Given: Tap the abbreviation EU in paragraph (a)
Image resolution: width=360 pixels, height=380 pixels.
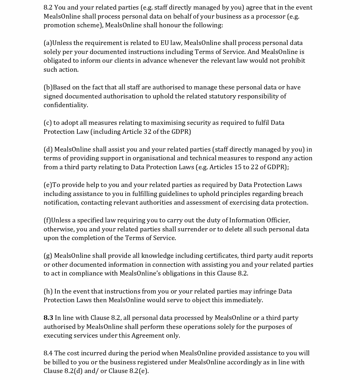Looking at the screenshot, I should tap(164, 43).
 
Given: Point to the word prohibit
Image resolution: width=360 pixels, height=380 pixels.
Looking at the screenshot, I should tap(293, 61).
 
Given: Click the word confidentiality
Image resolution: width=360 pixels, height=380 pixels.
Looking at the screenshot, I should tap(66, 105).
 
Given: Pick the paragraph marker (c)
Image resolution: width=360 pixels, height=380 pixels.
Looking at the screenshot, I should tap(48, 123).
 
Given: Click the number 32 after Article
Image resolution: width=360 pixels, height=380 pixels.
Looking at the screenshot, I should tap(147, 132).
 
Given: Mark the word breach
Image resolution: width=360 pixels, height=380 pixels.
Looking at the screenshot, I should tap(293, 194).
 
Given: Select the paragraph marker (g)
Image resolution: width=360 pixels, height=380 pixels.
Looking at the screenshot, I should tap(48, 256).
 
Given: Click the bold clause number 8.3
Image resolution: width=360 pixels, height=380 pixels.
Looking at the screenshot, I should tap(48, 318).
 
